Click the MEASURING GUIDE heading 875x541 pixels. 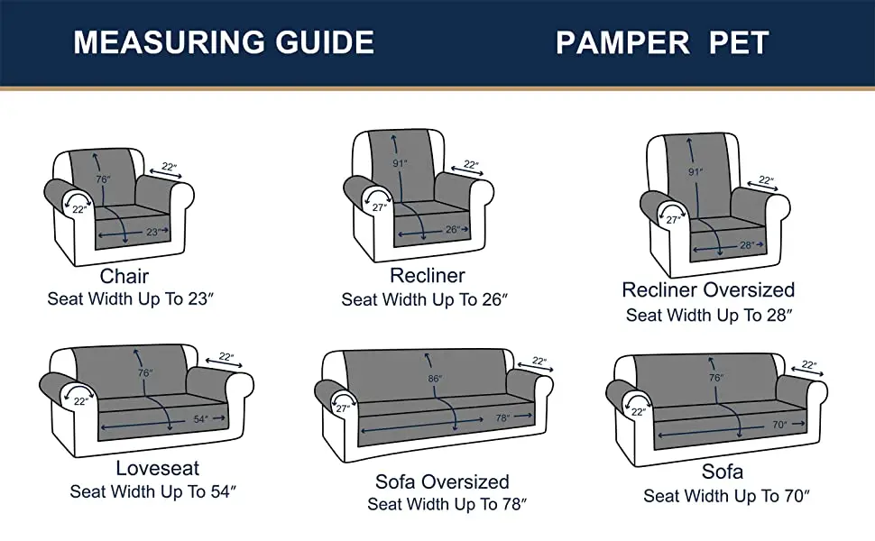[x=223, y=42]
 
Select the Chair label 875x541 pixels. [x=124, y=276]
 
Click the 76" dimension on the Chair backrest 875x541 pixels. [x=103, y=179]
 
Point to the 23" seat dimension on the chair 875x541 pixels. [x=153, y=232]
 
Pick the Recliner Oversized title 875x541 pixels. [x=708, y=290]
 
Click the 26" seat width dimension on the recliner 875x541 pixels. [x=453, y=229]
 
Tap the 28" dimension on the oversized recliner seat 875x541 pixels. [x=747, y=245]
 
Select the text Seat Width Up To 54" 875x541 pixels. [x=153, y=491]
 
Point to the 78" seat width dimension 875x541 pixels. [x=502, y=417]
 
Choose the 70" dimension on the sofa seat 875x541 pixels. [x=779, y=425]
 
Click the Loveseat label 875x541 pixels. [x=157, y=468]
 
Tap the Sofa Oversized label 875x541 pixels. [x=442, y=481]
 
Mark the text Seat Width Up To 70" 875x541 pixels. [x=726, y=496]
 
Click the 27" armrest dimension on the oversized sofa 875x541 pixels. [x=343, y=408]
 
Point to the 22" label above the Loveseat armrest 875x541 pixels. [x=226, y=356]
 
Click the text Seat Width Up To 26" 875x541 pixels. [x=424, y=299]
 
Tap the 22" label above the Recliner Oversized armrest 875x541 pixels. [x=766, y=180]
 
